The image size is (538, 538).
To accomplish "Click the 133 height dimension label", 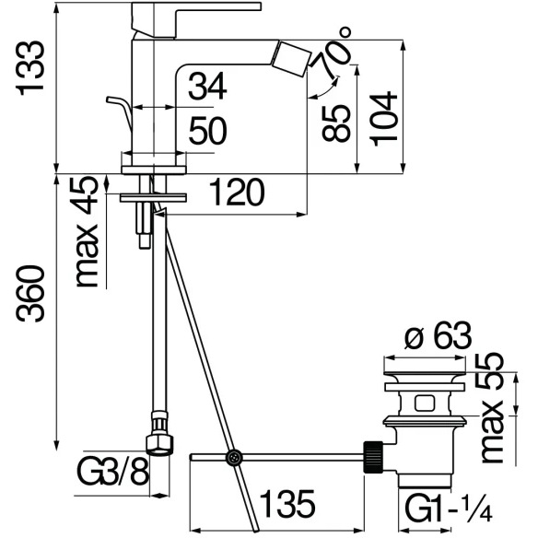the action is point(30,68).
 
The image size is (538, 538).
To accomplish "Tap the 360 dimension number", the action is point(30,293).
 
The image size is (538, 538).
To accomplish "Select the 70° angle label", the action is point(333,53).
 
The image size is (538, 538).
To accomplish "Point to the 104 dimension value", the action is point(383,118).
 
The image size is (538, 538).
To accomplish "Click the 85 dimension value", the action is point(336,123).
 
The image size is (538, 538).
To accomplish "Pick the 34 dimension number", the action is point(207,86).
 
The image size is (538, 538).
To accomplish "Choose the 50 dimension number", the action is point(208,130).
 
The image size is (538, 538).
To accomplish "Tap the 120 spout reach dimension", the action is point(237,193).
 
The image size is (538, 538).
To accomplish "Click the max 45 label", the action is point(88,232).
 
